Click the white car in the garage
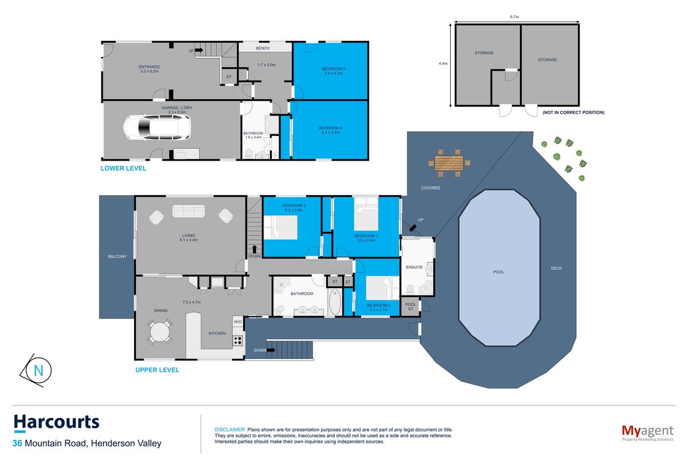[157, 127]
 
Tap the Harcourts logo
[57, 422]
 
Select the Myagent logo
[647, 433]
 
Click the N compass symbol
[36, 371]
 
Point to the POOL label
[498, 272]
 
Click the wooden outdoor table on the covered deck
[449, 163]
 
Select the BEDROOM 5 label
[333, 69]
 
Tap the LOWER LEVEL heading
[123, 168]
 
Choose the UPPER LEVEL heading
[157, 370]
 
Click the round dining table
[159, 332]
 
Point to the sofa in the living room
[188, 211]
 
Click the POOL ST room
[411, 306]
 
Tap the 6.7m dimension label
[514, 17]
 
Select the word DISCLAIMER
[230, 430]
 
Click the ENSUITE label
[414, 267]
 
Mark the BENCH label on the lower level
[263, 48]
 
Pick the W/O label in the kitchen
[238, 322]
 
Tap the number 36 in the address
[17, 444]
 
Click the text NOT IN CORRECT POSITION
[573, 112]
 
